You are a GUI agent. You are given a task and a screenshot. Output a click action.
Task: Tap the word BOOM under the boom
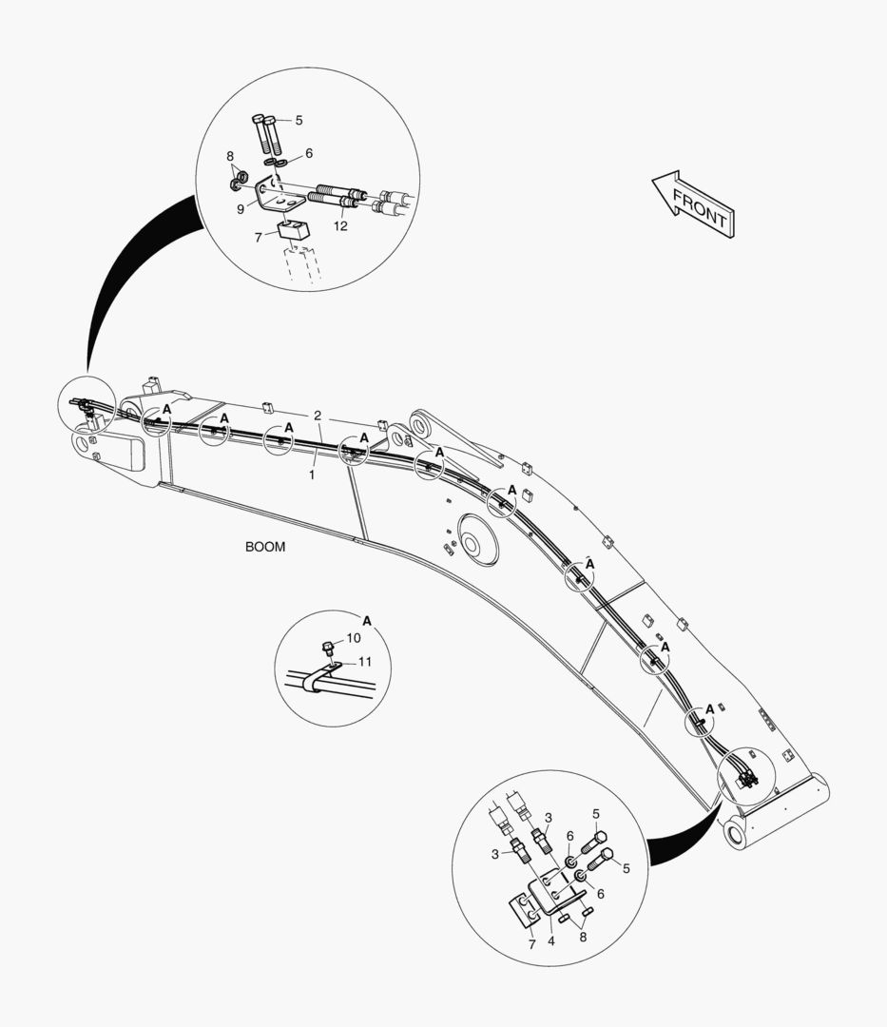pos(265,548)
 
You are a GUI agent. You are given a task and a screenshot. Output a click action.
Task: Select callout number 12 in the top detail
pos(340,226)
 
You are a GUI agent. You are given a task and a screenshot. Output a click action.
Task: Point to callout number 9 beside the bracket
pos(241,208)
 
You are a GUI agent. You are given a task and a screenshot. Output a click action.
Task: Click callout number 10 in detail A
pos(354,638)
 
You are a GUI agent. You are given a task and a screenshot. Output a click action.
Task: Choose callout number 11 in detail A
pos(364,662)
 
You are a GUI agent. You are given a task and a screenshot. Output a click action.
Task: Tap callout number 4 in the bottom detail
pos(550,942)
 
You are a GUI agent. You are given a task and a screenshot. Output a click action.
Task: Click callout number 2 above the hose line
pos(318,417)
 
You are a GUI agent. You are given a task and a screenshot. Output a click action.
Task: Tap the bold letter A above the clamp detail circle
pos(367,620)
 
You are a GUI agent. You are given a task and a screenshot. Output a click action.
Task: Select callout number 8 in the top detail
pos(229,155)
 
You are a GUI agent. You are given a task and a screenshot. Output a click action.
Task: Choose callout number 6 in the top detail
pos(308,152)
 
